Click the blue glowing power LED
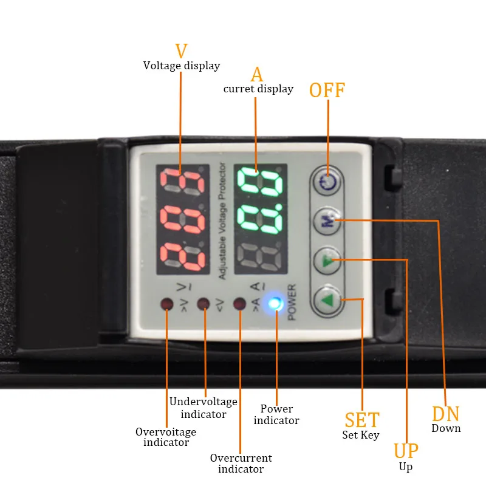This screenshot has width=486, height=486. [x=276, y=303]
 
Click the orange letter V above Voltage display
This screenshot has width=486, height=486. [x=181, y=51]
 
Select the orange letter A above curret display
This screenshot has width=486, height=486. [x=257, y=74]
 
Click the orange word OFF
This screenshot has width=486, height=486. [x=327, y=91]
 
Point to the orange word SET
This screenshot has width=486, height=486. [x=362, y=420]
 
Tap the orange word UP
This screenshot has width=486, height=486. [x=406, y=451]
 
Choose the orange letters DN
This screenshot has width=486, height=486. [x=446, y=414]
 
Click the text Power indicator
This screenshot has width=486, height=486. [x=276, y=414]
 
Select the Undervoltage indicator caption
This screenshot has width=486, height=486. [x=204, y=408]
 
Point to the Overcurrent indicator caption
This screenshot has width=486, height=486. [x=241, y=463]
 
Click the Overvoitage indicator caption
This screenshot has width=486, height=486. [x=166, y=437]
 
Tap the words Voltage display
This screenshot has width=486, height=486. [x=182, y=66]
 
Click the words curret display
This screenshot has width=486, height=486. [x=258, y=89]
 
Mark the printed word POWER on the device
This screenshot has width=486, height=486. [x=292, y=303]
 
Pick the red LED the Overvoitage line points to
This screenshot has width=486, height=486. [x=166, y=303]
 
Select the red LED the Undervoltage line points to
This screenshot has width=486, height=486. [x=204, y=303]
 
